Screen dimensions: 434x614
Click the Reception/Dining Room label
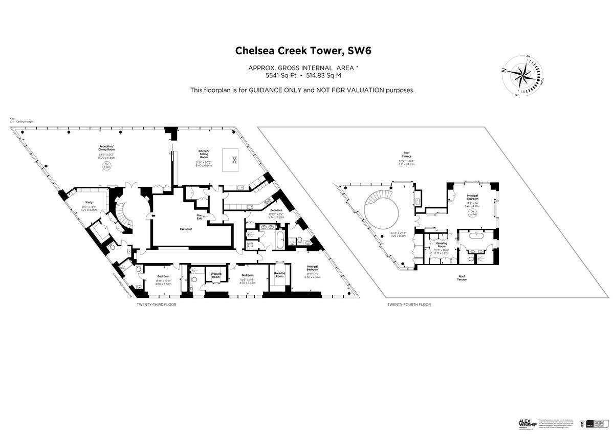tap(107, 148)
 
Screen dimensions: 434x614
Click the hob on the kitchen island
tap(235, 161)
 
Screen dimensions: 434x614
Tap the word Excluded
tap(186, 229)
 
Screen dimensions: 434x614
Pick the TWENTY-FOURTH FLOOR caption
tap(409, 305)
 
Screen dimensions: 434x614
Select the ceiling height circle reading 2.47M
tap(472, 212)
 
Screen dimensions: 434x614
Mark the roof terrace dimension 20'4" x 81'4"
tap(407, 162)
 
